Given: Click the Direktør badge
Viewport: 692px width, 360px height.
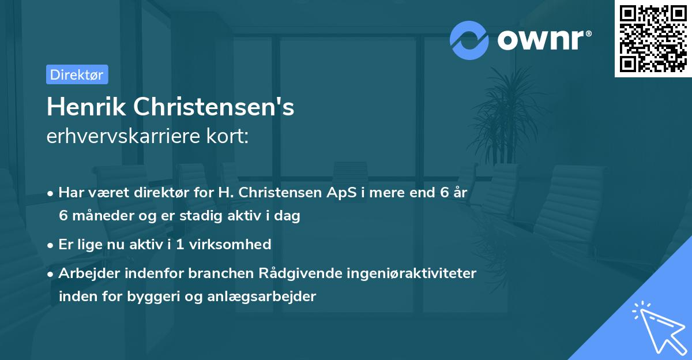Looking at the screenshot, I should [x=77, y=74].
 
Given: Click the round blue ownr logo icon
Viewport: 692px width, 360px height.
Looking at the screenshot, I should [x=469, y=40].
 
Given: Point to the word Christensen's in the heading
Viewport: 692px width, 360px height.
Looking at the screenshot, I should [x=214, y=107].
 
